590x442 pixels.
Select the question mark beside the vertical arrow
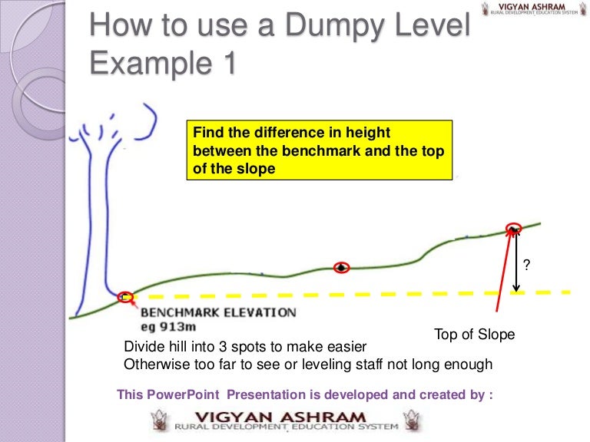(x=526, y=266)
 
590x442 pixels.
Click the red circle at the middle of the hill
(x=342, y=267)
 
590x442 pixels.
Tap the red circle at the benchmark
(x=125, y=296)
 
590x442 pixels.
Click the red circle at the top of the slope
(x=513, y=228)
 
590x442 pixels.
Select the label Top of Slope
(x=474, y=335)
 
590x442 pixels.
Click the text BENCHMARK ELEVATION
(x=218, y=312)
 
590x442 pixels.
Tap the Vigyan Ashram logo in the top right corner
(x=531, y=10)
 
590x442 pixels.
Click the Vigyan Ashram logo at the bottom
(x=285, y=420)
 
